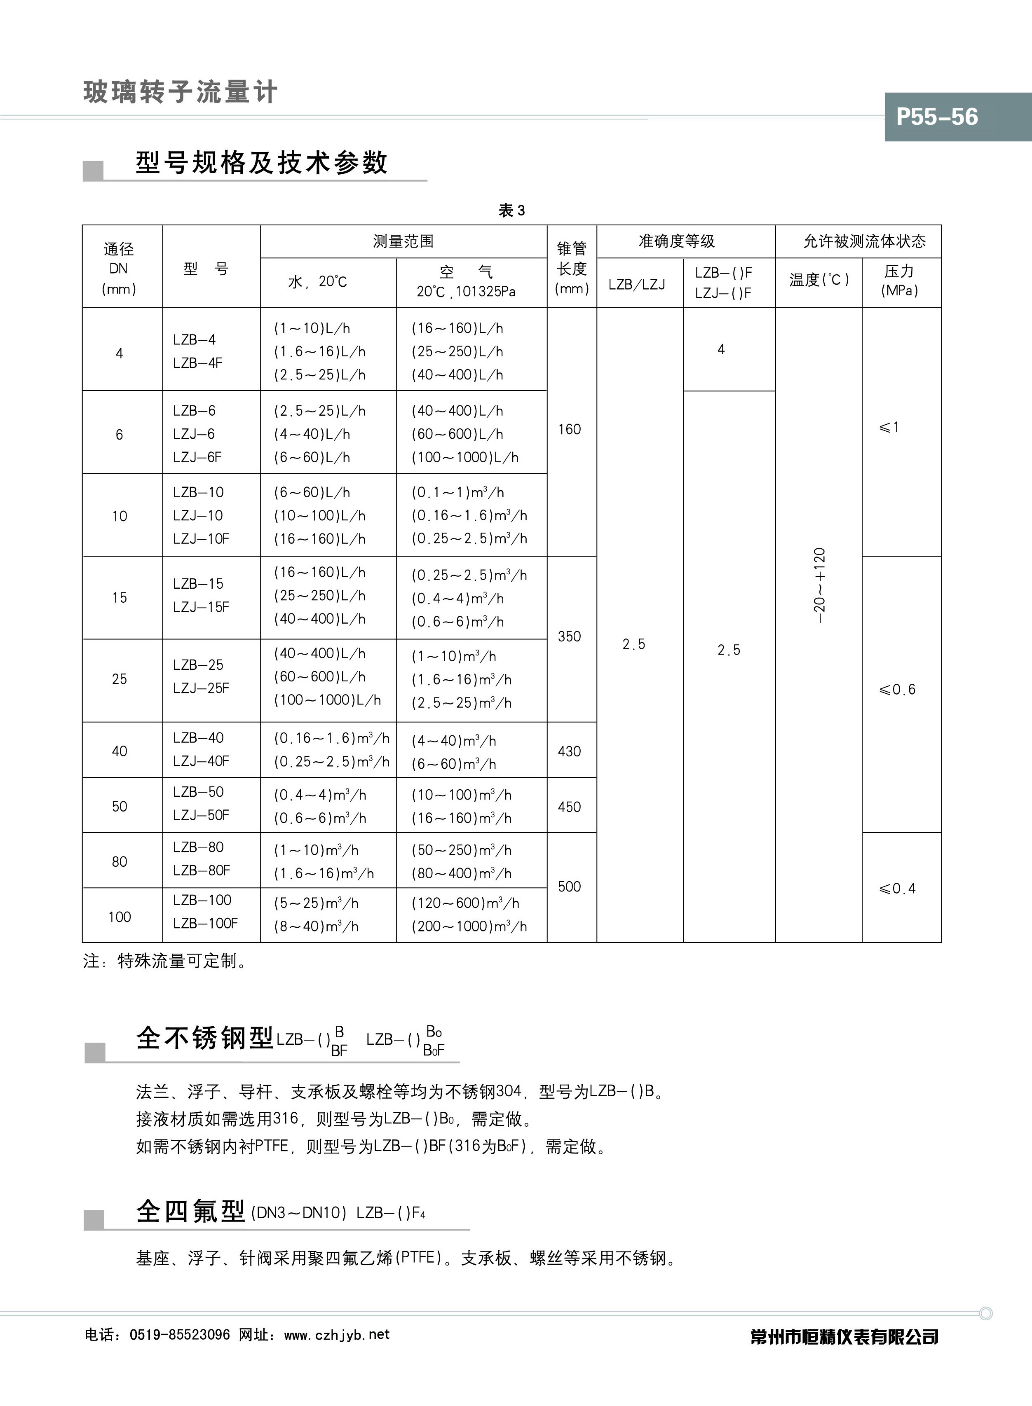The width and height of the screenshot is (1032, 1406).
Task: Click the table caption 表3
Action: point(511,211)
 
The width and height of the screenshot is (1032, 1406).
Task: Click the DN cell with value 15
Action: point(120,597)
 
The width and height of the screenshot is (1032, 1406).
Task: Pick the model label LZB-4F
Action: point(197,363)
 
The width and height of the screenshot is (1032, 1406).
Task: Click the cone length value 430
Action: point(569,751)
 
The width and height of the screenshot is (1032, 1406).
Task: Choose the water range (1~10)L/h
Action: point(312,328)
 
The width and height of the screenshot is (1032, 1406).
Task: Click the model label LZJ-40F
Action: point(201,760)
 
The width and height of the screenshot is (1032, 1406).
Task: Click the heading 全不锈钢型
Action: point(204,1038)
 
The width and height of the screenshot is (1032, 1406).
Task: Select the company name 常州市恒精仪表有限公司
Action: point(844,1337)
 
